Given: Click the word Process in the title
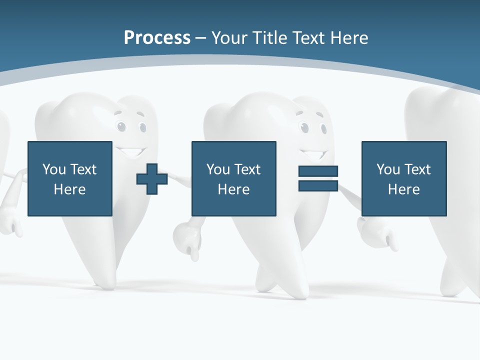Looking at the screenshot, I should (x=157, y=37).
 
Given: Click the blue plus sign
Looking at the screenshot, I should (x=152, y=179).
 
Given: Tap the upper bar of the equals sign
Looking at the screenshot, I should (x=318, y=171).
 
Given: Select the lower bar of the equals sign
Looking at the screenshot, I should (x=318, y=185).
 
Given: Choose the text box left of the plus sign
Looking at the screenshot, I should (x=69, y=178).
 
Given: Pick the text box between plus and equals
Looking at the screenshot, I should (x=233, y=178).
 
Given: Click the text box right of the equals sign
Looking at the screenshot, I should (x=403, y=178).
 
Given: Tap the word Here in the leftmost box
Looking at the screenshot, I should (x=69, y=189).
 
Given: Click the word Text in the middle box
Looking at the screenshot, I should (x=247, y=169).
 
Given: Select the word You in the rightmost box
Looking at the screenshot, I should (x=388, y=169).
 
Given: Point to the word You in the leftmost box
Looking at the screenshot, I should (x=54, y=169).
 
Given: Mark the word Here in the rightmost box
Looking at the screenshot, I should (x=403, y=189).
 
